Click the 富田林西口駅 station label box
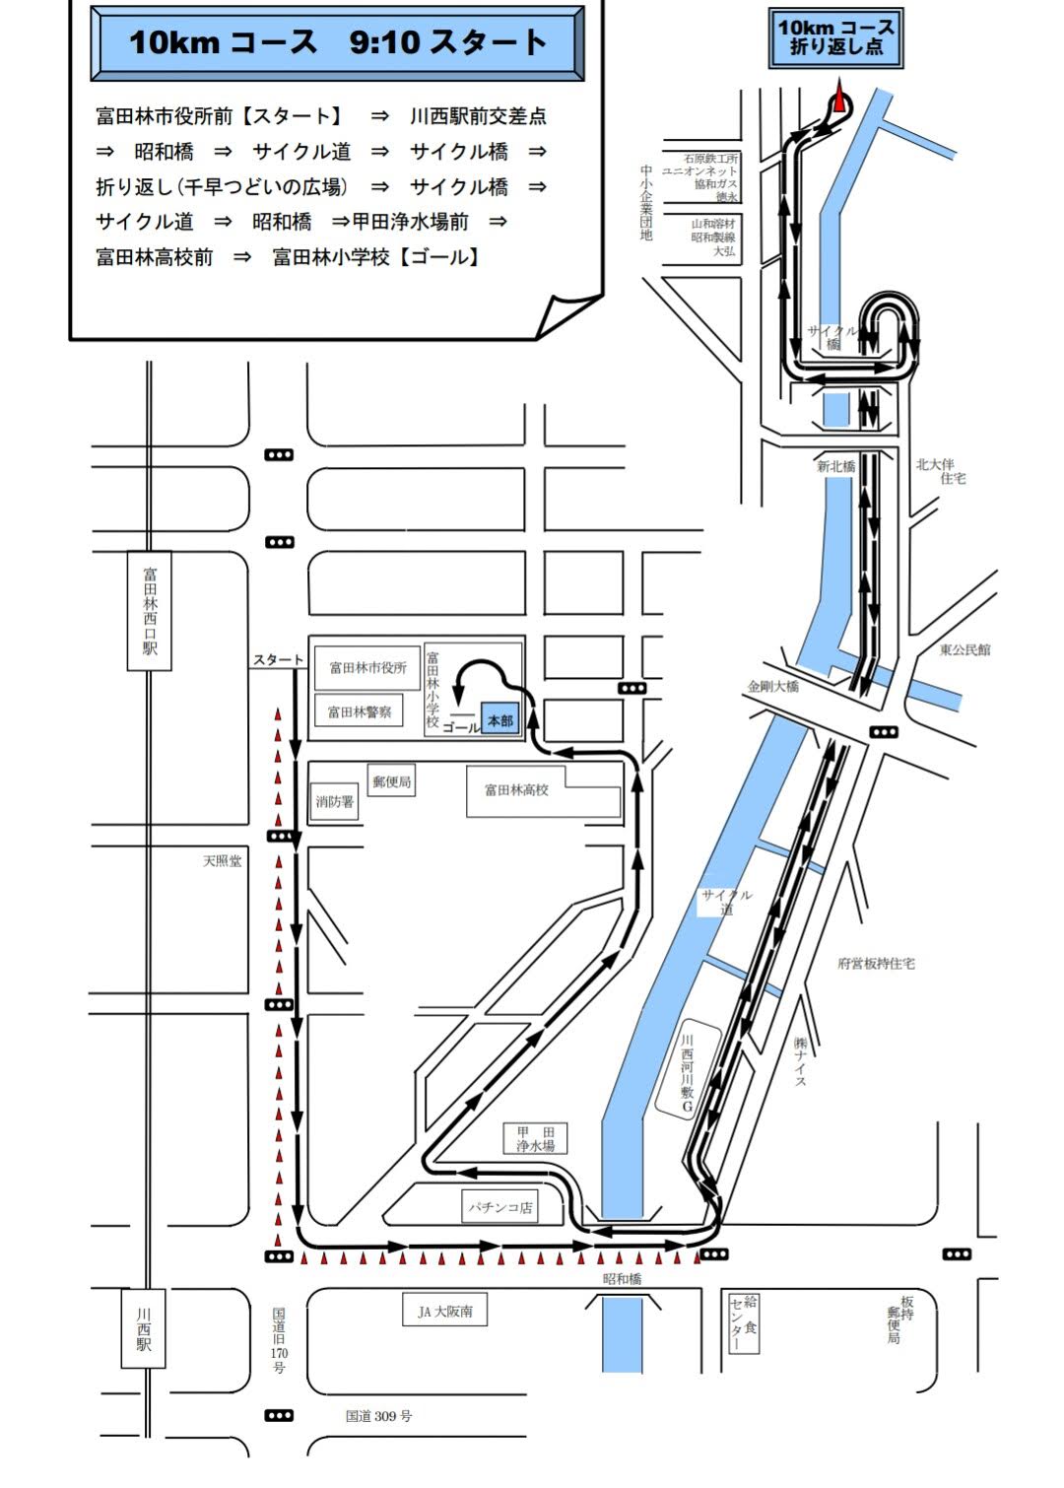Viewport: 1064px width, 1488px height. coord(149,611)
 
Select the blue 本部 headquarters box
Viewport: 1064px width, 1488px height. coord(499,720)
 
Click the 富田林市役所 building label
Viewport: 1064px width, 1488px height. coord(367,668)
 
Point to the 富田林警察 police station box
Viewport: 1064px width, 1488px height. coord(360,710)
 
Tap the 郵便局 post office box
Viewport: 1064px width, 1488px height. coord(392,781)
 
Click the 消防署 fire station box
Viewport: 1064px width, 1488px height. coord(335,801)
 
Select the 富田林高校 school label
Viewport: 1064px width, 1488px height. coord(516,789)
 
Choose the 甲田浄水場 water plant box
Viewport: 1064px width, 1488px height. coord(536,1138)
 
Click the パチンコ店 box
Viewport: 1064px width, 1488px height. coord(500,1206)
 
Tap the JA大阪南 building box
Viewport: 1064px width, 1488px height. coord(445,1312)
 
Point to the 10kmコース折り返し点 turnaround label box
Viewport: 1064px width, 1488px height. coord(835,37)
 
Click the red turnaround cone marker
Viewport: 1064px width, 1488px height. coord(839,101)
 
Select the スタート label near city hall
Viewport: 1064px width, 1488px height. coord(279,659)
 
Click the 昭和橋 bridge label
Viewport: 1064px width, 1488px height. coord(623,1278)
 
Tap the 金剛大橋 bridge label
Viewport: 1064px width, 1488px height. coord(773,686)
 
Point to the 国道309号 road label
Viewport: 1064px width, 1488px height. coord(378,1416)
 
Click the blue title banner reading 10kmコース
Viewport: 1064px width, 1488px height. coord(337,42)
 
